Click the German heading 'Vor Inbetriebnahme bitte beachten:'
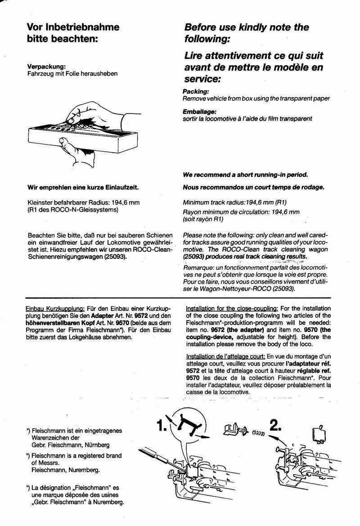coord(73,32)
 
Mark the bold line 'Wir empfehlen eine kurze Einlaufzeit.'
coord(83,187)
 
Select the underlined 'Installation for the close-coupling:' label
coord(232,308)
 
